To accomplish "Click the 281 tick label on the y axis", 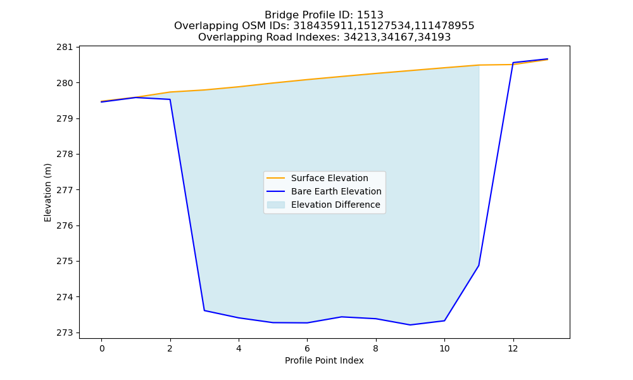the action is (x=65, y=47).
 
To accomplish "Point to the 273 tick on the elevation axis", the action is (x=65, y=332).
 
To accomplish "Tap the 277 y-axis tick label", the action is (x=65, y=190).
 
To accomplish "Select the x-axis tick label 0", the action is (x=102, y=348).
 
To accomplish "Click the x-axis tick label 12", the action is (x=513, y=348).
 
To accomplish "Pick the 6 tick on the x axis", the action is (x=307, y=348).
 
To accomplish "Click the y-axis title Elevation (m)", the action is (x=47, y=193).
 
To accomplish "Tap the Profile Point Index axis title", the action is (x=324, y=360).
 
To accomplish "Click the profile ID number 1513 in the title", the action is (x=370, y=15).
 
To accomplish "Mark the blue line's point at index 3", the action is (x=204, y=310).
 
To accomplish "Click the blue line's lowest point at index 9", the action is (x=410, y=325).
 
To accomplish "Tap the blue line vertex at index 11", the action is (x=479, y=265).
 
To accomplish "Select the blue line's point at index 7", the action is (x=342, y=317).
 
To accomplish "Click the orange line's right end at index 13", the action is (x=548, y=60).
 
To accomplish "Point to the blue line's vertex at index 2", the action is (x=170, y=99).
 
